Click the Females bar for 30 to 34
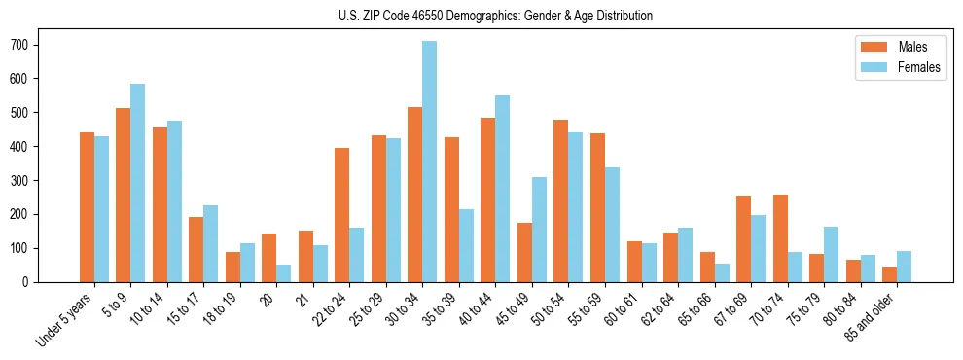(x=429, y=162)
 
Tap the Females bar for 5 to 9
(x=137, y=183)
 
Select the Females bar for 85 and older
(x=904, y=267)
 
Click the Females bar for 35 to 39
(x=466, y=245)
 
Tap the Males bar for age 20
(x=268, y=258)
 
